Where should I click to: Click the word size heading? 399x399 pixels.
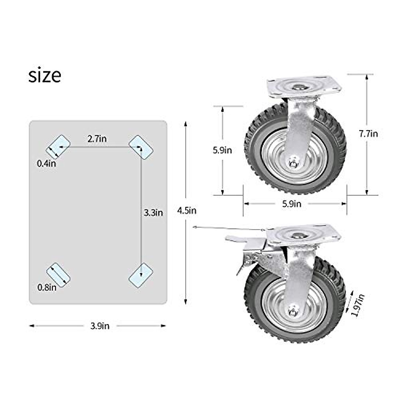click(45, 75)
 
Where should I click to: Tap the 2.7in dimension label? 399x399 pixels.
click(97, 139)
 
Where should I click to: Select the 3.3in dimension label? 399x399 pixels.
click(153, 212)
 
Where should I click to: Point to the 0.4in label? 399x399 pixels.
click(47, 163)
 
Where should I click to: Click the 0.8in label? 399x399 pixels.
click(47, 287)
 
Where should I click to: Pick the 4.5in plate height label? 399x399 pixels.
click(187, 210)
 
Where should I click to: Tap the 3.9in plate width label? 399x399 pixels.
click(100, 326)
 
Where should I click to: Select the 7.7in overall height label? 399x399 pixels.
click(368, 134)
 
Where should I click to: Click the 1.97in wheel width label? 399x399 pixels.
click(357, 305)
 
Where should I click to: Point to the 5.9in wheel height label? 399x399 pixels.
click(222, 150)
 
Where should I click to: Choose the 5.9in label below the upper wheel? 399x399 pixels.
click(292, 204)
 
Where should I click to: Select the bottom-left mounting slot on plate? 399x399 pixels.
click(58, 274)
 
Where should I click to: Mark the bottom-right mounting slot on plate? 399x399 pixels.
click(141, 274)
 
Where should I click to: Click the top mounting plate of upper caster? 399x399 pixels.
click(304, 87)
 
